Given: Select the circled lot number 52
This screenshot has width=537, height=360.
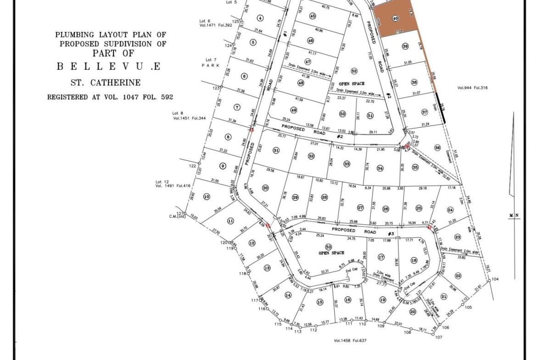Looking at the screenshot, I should [354, 71].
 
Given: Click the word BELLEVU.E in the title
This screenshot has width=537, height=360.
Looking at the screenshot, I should [108, 66].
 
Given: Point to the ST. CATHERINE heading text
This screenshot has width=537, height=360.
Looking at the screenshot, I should [106, 83].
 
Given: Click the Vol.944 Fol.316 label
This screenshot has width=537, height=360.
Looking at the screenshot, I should [473, 88].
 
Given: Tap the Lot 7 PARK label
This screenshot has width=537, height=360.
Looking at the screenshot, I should [211, 63].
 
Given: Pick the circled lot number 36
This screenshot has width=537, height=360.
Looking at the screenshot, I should [437, 148].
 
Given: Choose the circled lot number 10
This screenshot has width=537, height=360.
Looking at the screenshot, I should [207, 197].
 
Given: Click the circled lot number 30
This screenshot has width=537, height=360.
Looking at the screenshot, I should [265, 188].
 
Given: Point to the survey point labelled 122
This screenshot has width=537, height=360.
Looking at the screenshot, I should [198, 166].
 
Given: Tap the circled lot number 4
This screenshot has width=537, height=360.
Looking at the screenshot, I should [260, 18].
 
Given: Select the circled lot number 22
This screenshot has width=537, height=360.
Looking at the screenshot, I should [458, 276].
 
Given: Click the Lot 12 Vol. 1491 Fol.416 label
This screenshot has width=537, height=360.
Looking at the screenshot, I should [173, 184].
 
